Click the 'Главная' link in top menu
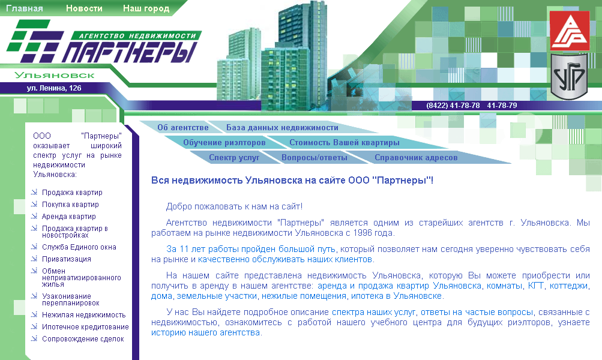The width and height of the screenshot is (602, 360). tap(25, 9)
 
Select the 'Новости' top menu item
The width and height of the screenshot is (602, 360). tap(84, 9)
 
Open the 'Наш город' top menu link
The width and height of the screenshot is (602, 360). tap(146, 9)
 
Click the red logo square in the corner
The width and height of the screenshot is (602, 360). tap(570, 31)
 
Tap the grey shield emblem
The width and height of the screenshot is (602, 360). tap(569, 76)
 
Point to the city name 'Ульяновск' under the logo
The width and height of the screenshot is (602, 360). tap(55, 75)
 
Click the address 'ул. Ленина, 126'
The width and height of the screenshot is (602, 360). tap(54, 88)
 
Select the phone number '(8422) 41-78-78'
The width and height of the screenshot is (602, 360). tap(453, 105)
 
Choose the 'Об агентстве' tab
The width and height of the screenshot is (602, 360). tap(183, 127)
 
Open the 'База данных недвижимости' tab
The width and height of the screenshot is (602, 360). tap(282, 127)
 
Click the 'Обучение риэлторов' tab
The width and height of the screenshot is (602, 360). tap(224, 143)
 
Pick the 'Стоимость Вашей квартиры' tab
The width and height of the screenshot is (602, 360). tap(344, 143)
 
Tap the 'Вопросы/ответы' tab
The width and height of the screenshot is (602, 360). tap(315, 158)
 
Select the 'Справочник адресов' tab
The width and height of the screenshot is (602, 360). tap(416, 158)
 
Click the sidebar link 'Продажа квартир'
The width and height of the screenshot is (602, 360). tap(72, 193)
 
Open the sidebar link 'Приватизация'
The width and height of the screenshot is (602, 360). tap(67, 259)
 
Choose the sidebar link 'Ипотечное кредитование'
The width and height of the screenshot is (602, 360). tap(85, 327)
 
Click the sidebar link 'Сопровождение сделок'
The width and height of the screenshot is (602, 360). tap(83, 339)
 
